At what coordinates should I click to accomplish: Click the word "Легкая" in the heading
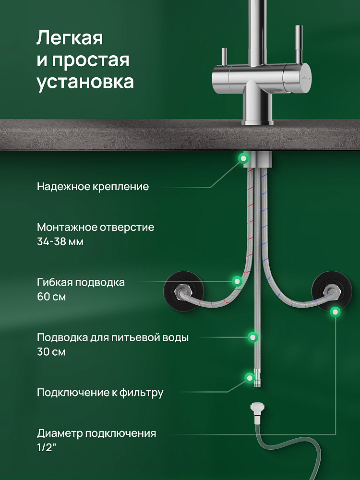click(x=70, y=38)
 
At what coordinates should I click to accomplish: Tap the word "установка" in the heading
click(x=85, y=82)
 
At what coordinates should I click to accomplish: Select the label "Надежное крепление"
click(x=93, y=186)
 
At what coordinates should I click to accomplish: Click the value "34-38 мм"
click(x=60, y=242)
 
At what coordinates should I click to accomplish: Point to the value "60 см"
click(x=51, y=297)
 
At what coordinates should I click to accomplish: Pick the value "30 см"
click(x=51, y=351)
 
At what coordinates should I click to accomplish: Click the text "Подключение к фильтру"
click(x=100, y=393)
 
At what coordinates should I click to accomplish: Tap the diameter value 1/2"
click(x=47, y=447)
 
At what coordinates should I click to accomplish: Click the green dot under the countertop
click(x=243, y=158)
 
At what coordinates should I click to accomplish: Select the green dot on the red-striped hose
click(x=237, y=281)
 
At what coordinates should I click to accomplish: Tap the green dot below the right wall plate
click(x=335, y=312)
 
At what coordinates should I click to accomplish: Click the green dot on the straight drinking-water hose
click(x=252, y=337)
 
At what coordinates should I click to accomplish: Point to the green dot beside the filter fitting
click(x=250, y=377)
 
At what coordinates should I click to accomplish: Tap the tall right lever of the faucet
click(x=299, y=44)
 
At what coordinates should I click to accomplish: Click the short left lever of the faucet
click(x=224, y=57)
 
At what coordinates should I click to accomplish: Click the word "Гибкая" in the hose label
click(x=55, y=282)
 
